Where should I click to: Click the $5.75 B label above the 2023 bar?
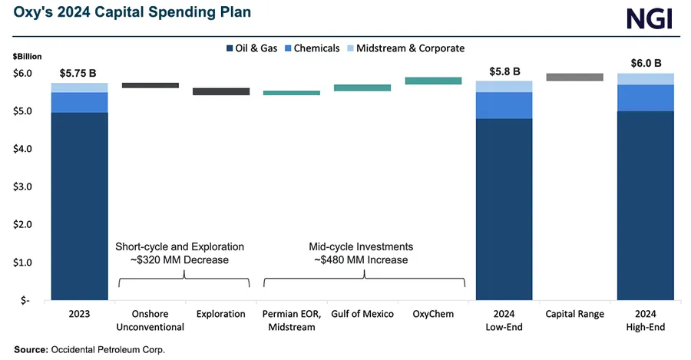pyautogui.click(x=79, y=74)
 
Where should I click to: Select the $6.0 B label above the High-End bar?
pyautogui.click(x=646, y=64)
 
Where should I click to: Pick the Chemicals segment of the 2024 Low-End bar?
pyautogui.click(x=504, y=105)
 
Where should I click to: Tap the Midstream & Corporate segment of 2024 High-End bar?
pyautogui.click(x=646, y=78)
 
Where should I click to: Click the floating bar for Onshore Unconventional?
pyautogui.click(x=150, y=85)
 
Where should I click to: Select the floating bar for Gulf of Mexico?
pyautogui.click(x=362, y=88)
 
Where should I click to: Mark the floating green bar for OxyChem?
pyautogui.click(x=433, y=81)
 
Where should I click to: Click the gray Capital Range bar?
pyautogui.click(x=575, y=77)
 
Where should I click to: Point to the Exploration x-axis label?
pyautogui.click(x=220, y=314)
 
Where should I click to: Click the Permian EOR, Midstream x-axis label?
pyautogui.click(x=291, y=320)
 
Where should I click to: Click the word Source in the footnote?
pyautogui.click(x=31, y=349)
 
